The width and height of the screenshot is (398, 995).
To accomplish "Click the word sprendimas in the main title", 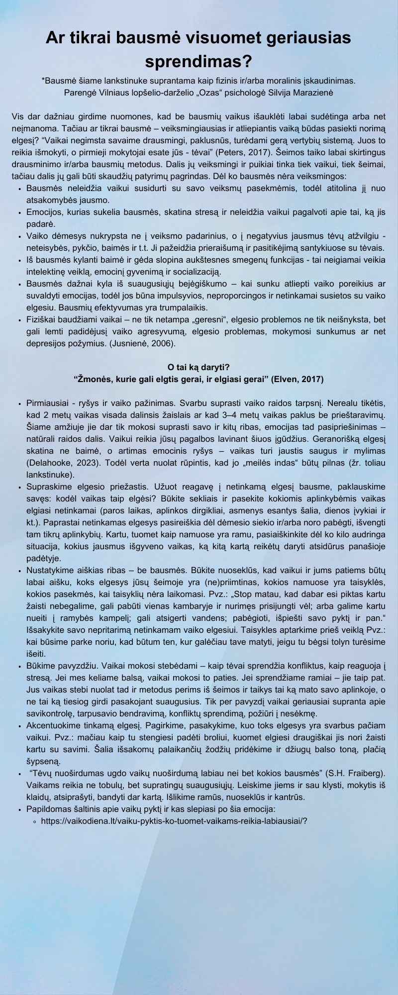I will coord(199,62).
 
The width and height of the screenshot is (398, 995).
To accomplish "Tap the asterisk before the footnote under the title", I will coord(43,81).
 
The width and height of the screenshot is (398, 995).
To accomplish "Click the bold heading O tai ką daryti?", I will coord(199,367).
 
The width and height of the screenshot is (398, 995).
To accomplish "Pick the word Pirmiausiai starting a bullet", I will coord(48,403).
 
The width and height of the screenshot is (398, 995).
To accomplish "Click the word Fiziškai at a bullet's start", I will coord(41,319).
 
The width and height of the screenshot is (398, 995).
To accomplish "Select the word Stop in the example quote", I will coord(251,594).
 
